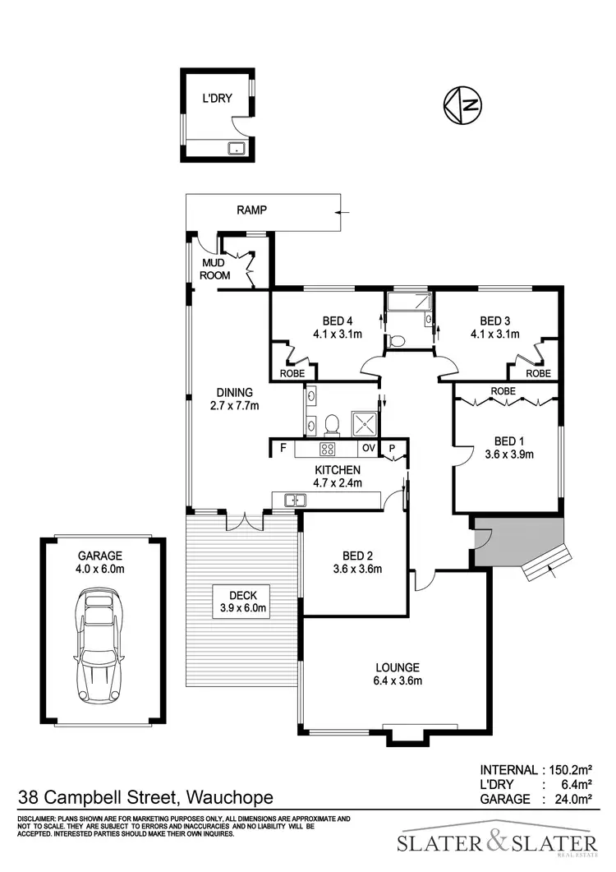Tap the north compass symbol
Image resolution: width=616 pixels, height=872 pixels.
pos(462,104)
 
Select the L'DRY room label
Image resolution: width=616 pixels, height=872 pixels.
pos(218,99)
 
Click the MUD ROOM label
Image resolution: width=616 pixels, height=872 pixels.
pos(215,269)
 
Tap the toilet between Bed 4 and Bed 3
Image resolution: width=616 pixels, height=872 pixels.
pos(399,339)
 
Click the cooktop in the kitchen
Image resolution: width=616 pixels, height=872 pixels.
pos(327,449)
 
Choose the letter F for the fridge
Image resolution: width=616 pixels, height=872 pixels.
pos(283,449)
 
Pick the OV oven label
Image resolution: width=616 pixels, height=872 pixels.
pos(368,449)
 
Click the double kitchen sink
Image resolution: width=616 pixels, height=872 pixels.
pos(295,500)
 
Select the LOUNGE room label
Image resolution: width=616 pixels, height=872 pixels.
pos(398,667)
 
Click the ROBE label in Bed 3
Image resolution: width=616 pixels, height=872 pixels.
pos(538,373)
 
